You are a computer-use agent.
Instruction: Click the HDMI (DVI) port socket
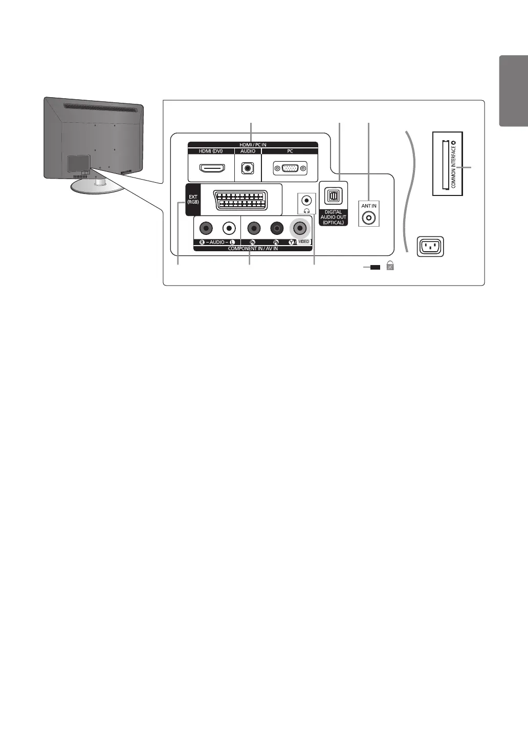pos(211,168)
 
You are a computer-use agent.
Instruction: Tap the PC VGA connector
pos(290,168)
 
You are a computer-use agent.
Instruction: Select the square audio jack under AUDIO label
pos(248,168)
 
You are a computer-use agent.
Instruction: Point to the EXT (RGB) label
pos(193,200)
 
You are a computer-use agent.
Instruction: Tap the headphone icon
pos(306,210)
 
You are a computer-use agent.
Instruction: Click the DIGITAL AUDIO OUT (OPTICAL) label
pos(333,217)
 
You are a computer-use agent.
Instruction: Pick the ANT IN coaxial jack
pos(368,217)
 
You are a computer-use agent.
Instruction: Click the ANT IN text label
pos(369,206)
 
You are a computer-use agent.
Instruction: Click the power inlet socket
pos(430,247)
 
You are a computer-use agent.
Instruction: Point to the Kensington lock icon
pos(390,266)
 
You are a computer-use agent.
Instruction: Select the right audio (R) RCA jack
pos(206,228)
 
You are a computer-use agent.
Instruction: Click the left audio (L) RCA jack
pos(229,228)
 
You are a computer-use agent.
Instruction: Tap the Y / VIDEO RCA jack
pos(299,228)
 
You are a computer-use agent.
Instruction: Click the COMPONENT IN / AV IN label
pos(253,248)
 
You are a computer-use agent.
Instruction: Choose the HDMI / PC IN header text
pos(253,145)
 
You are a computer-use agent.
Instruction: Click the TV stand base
pos(97,187)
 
